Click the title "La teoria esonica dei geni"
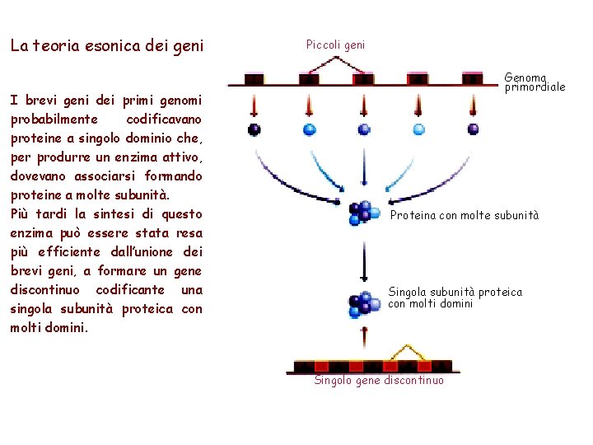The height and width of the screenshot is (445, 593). click(106, 46)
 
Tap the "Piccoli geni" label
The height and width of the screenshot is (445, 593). click(335, 45)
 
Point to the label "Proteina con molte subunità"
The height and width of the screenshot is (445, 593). click(465, 215)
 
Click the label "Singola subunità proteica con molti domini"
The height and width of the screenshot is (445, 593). click(455, 297)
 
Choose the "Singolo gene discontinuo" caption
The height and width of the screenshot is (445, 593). click(379, 380)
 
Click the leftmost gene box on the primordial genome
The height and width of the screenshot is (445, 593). click(254, 79)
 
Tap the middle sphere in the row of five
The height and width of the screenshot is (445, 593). click(363, 129)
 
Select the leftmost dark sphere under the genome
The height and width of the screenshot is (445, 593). click(254, 129)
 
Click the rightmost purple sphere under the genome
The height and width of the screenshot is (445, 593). click(473, 129)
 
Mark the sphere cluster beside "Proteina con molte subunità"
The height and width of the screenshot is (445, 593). click(362, 213)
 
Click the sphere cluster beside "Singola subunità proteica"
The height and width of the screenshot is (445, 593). click(362, 305)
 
